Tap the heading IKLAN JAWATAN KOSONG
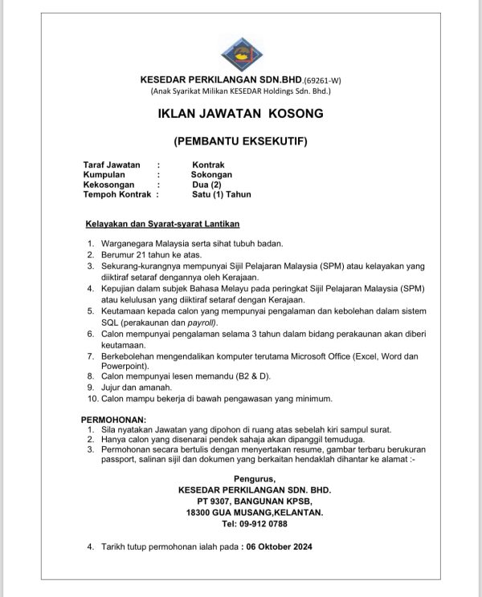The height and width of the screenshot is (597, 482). (241, 113)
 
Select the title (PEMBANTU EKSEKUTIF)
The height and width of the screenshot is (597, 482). (241, 141)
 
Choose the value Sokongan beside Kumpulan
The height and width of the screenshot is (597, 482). (211, 174)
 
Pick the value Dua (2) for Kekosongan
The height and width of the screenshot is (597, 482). (201, 184)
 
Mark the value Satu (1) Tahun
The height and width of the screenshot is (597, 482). (222, 193)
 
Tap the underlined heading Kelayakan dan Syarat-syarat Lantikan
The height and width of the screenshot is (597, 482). (163, 223)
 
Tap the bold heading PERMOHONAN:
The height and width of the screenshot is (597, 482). (114, 420)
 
